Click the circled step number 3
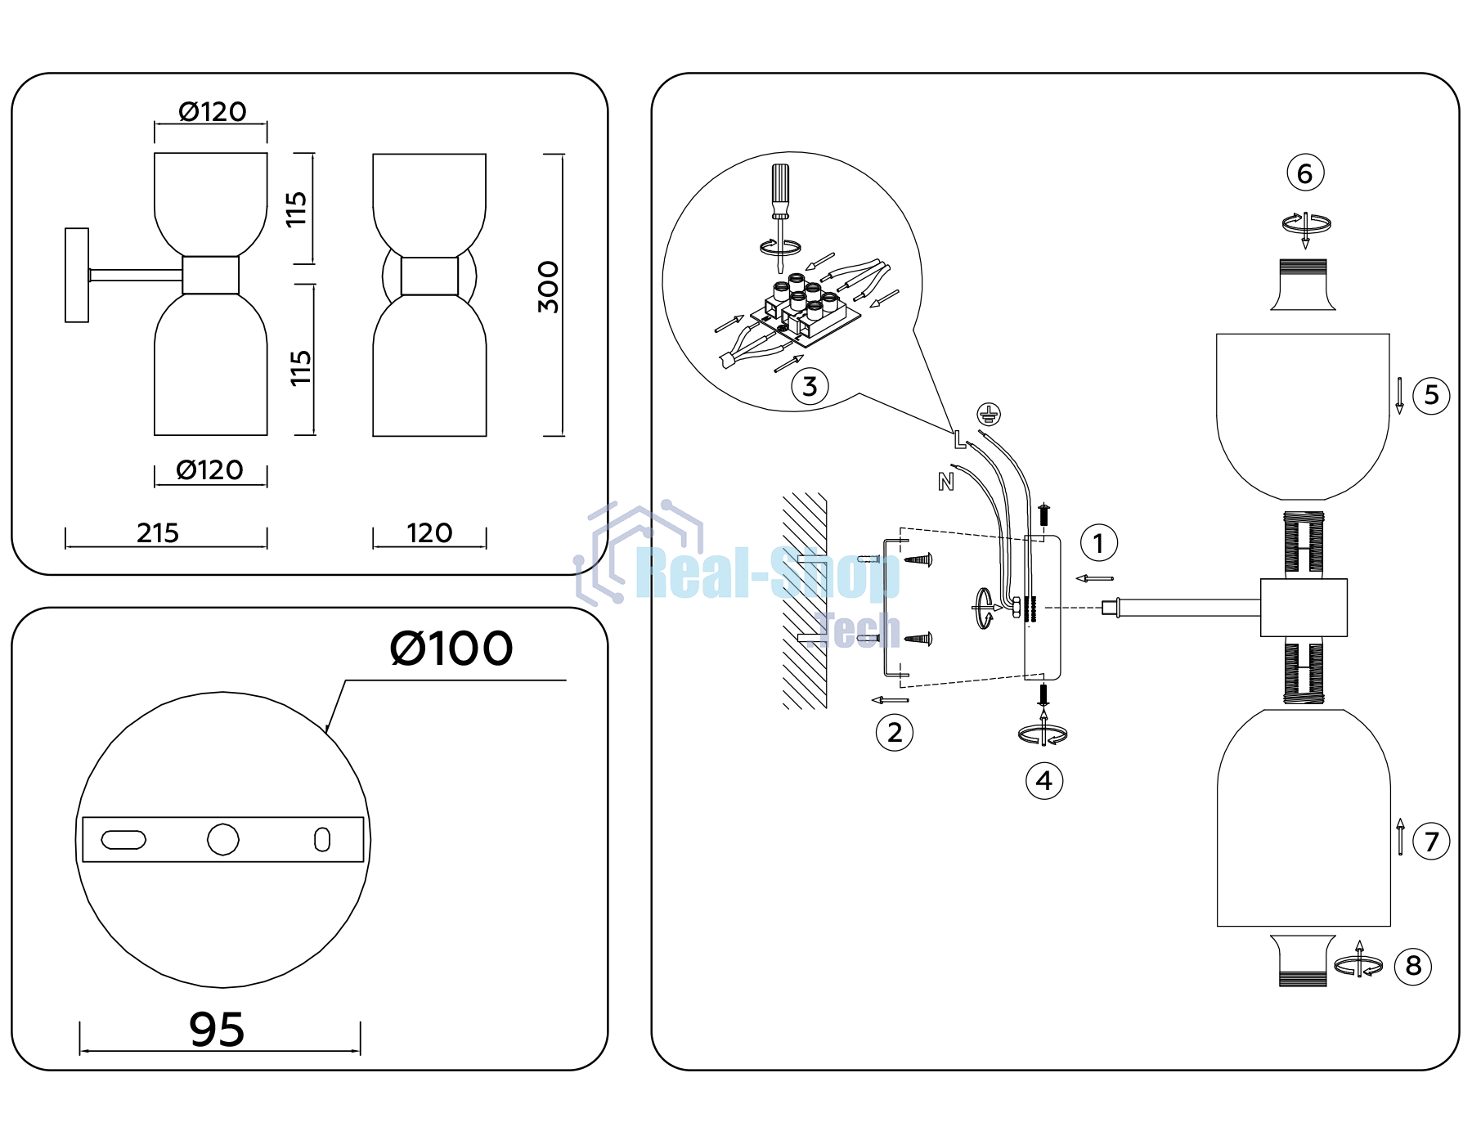[810, 386]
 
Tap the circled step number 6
[1305, 173]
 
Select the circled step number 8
[1413, 966]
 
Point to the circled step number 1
[1098, 543]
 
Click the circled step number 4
[1044, 781]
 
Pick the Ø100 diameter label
[451, 649]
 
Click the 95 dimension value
[217, 1029]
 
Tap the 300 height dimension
[549, 287]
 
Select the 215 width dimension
[158, 533]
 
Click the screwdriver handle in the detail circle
[780, 191]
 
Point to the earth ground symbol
[989, 414]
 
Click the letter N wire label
[946, 482]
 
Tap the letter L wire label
[959, 439]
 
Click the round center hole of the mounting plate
[223, 839]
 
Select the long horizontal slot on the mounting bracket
[123, 840]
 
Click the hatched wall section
[805, 600]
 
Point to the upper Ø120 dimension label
[213, 111]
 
